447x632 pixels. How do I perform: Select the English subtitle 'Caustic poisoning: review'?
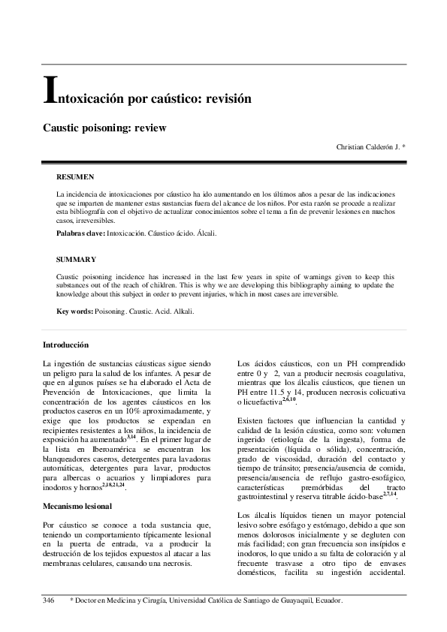click(104, 128)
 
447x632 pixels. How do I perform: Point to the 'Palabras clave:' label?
click(81, 234)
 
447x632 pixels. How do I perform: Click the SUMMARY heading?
click(76, 259)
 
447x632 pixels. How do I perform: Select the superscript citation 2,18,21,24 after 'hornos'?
click(114, 486)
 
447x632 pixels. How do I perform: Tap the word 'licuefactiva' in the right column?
click(259, 403)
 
